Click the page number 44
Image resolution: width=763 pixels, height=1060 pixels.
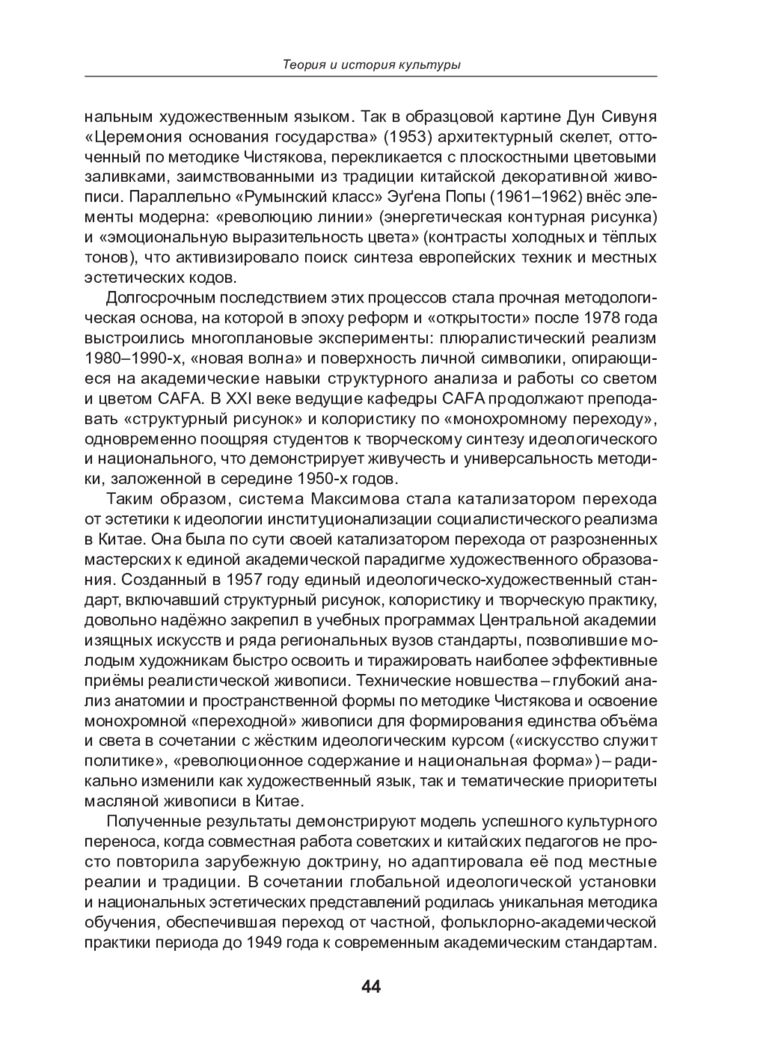click(x=371, y=986)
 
